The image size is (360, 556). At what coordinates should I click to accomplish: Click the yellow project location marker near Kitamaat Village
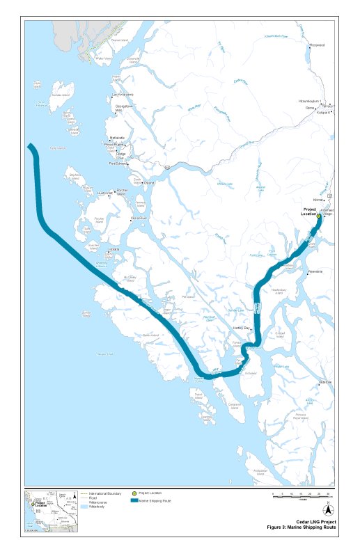click(319, 216)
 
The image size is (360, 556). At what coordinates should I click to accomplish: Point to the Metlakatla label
click(116, 138)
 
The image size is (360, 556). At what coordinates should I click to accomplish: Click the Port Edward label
click(118, 164)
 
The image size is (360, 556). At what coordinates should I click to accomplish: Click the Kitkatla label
click(114, 249)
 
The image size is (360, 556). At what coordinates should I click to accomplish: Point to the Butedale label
click(325, 381)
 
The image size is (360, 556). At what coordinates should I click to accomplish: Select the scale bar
click(302, 495)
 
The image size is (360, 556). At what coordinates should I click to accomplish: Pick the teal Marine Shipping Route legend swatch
click(134, 500)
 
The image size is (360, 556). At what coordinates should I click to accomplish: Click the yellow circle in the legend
click(134, 493)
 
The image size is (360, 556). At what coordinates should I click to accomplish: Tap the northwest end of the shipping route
click(31, 147)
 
